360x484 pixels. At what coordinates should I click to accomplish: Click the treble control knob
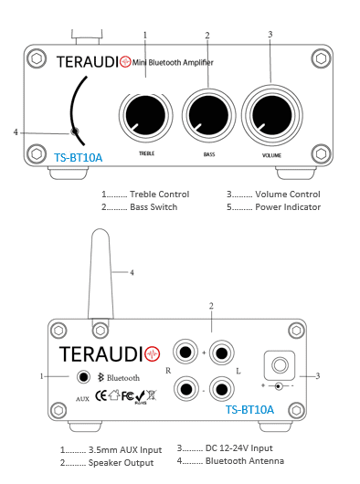pos(145,115)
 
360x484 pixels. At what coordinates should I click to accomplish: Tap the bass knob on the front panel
pos(208,115)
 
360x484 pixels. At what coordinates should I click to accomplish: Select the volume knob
pos(271,115)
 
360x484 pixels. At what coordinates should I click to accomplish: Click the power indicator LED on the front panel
pos(74,132)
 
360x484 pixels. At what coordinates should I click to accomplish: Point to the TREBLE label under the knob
pos(147,153)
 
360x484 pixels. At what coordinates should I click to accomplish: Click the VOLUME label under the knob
pos(271,155)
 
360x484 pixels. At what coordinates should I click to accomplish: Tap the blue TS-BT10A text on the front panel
pos(78,158)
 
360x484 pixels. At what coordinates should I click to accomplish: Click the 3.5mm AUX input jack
pos(83,377)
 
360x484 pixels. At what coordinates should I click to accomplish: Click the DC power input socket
pos(280,365)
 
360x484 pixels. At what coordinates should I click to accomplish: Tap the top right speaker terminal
pos(222,352)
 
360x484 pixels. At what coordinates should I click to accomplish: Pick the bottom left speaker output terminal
pos(185,389)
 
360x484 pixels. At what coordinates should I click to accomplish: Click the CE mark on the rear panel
pos(101,395)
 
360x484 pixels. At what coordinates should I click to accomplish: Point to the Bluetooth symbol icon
pos(101,377)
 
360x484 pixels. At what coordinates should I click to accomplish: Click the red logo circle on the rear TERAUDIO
pos(153,353)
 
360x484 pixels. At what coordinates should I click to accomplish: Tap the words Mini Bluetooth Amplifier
pos(173,63)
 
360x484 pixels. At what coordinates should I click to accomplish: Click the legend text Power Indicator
pos(288,206)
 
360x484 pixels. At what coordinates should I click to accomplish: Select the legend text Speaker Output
pos(121,463)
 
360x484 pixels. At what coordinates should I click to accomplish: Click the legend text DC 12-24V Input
pos(239,447)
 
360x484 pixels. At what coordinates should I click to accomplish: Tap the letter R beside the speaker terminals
pos(168,371)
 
